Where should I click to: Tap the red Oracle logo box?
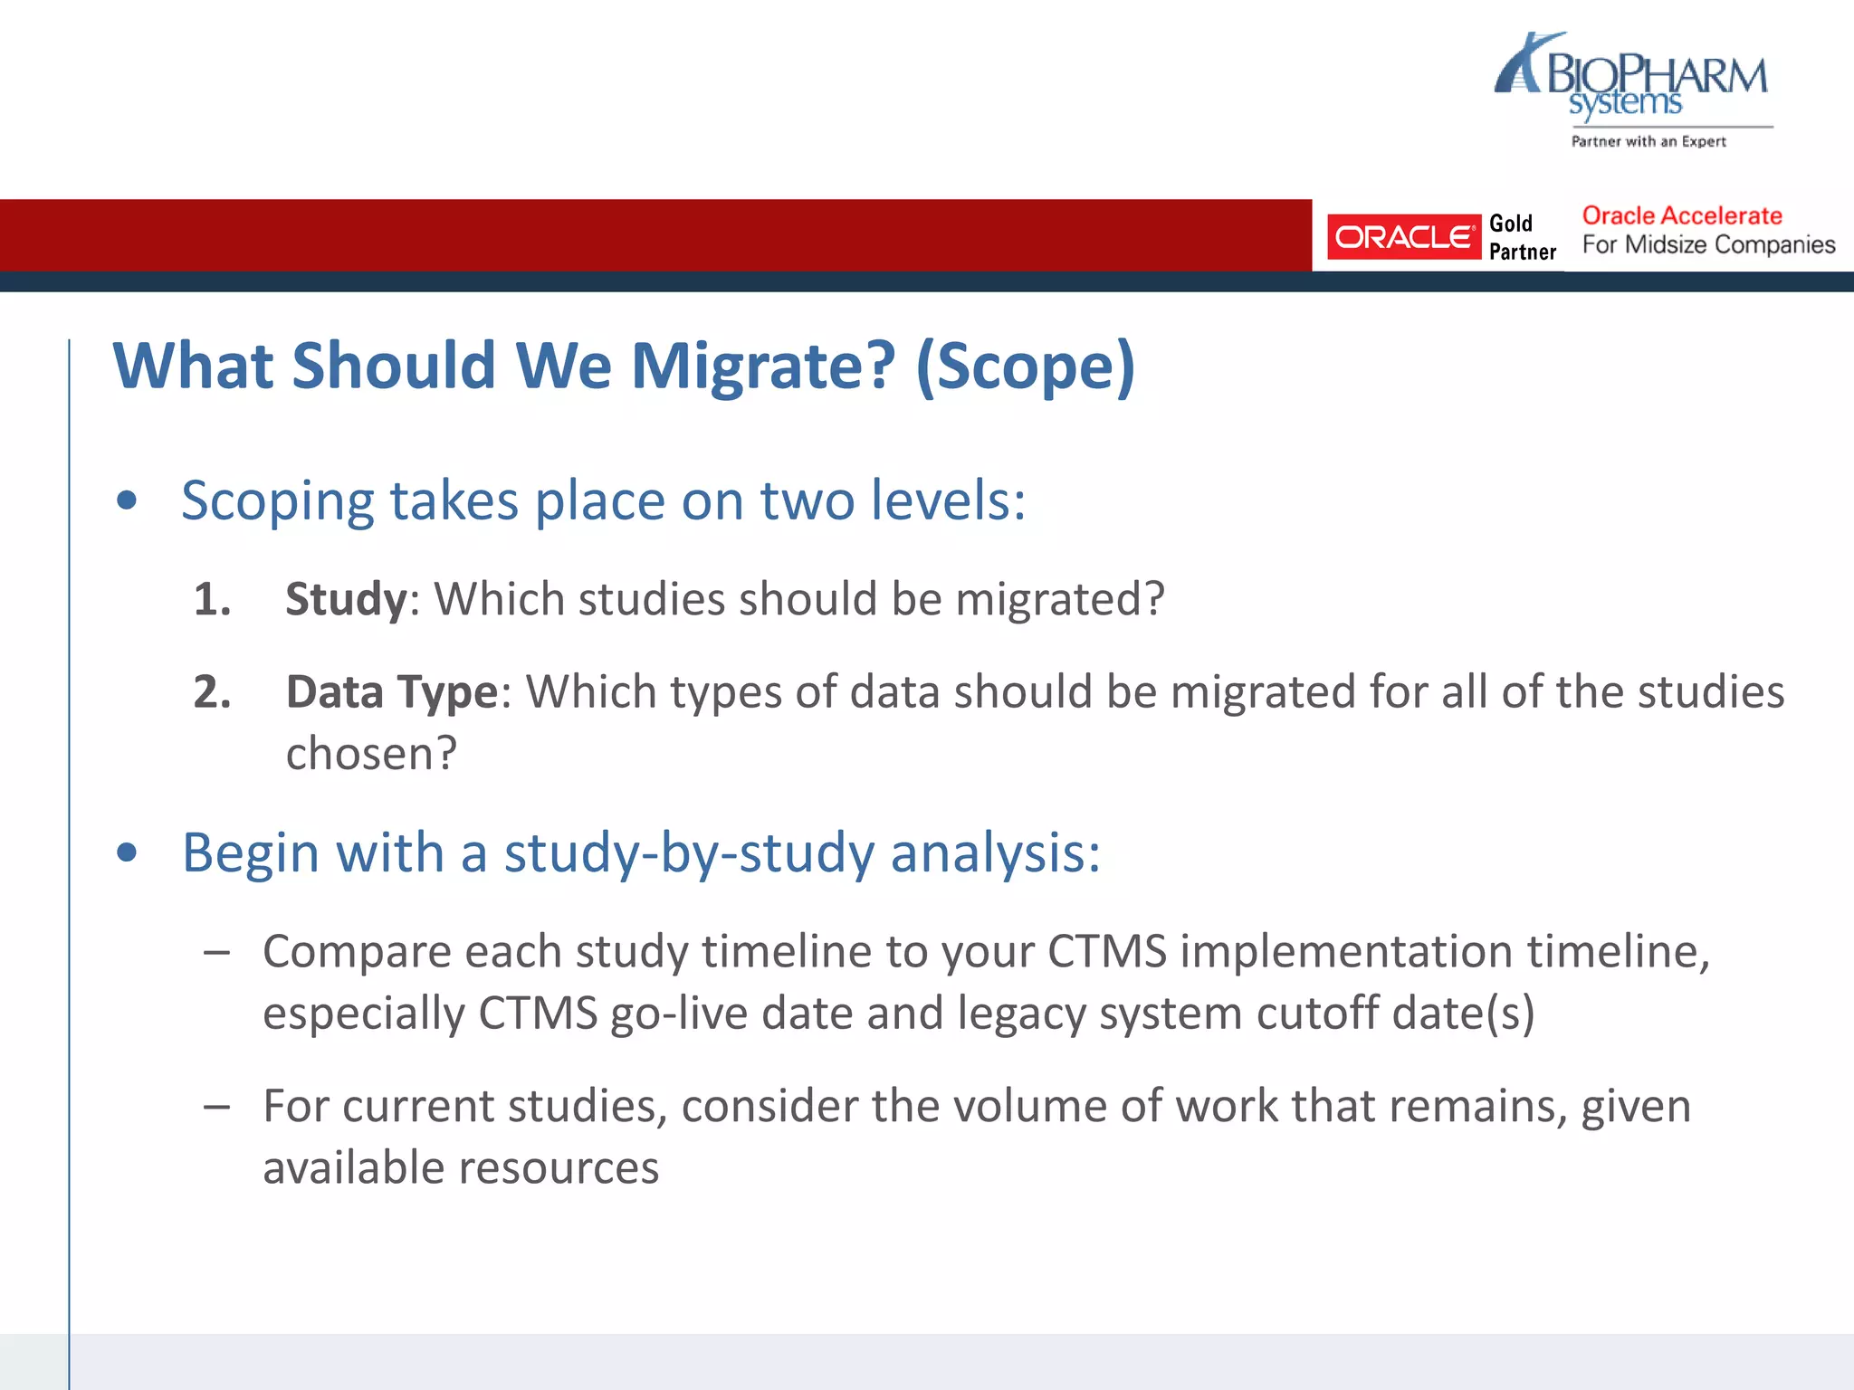pyautogui.click(x=1402, y=237)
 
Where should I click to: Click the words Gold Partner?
pyautogui.click(x=1522, y=237)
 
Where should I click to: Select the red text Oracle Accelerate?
pyautogui.click(x=1681, y=215)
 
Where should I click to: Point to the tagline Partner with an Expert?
pyautogui.click(x=1648, y=141)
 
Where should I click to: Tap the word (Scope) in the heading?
pyautogui.click(x=1025, y=366)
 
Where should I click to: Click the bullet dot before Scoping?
pyautogui.click(x=127, y=500)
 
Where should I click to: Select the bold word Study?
pyautogui.click(x=346, y=599)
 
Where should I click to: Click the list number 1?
pyautogui.click(x=212, y=599)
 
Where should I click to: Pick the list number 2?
pyautogui.click(x=212, y=692)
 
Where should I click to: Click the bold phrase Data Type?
pyautogui.click(x=391, y=692)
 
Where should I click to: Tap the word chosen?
pyautogui.click(x=371, y=754)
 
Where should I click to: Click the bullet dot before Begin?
pyautogui.click(x=127, y=852)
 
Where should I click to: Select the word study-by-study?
pyautogui.click(x=689, y=852)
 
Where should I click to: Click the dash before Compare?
pyautogui.click(x=216, y=952)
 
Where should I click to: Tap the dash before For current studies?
pyautogui.click(x=216, y=1106)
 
